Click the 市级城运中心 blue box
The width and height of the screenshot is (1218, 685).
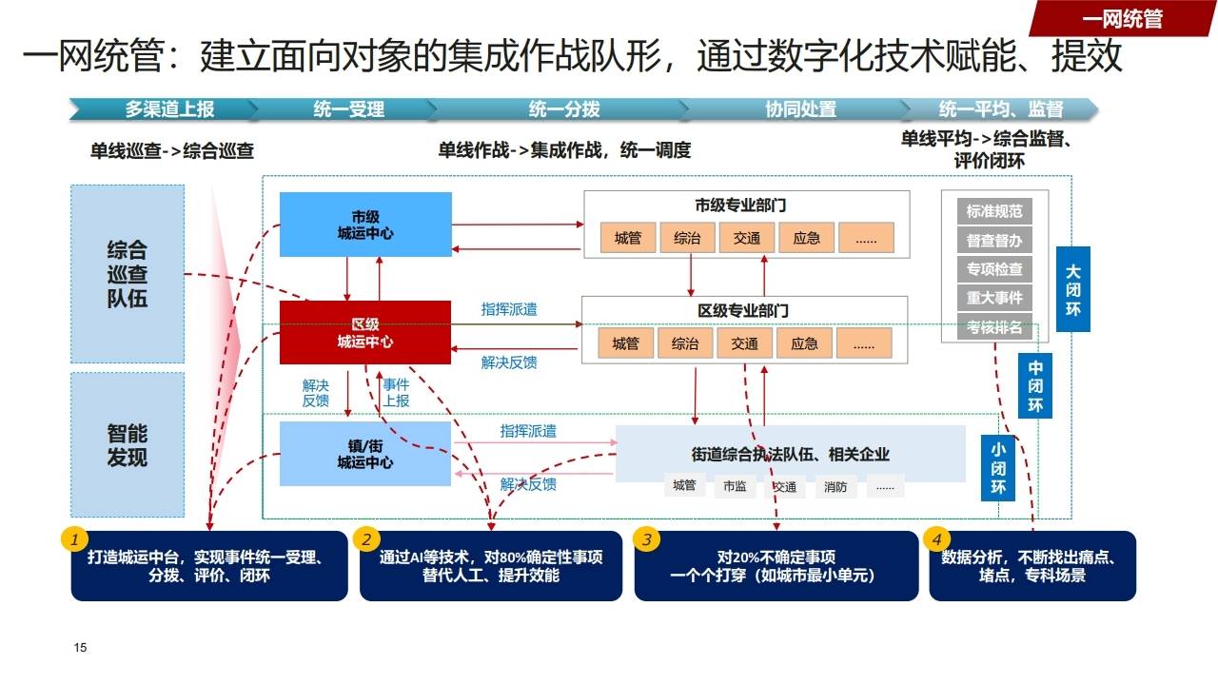pyautogui.click(x=365, y=225)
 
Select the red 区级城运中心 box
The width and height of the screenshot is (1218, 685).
pyautogui.click(x=365, y=332)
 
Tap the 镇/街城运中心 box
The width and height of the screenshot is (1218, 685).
pyautogui.click(x=365, y=454)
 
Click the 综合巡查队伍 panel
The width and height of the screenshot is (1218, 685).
pyautogui.click(x=128, y=274)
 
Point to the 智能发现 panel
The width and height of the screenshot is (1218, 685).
pyautogui.click(x=128, y=445)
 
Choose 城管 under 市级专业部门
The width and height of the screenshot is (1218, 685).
pyautogui.click(x=628, y=238)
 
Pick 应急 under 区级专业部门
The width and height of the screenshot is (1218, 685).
pyautogui.click(x=804, y=343)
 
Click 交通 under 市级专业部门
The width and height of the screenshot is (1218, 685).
pyautogui.click(x=747, y=238)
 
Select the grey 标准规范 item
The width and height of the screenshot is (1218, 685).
pyautogui.click(x=994, y=211)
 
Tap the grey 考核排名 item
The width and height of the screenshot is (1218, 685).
pyautogui.click(x=994, y=327)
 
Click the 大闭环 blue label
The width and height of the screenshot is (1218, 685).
pyautogui.click(x=1072, y=288)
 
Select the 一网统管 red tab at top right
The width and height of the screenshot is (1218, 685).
pyautogui.click(x=1123, y=18)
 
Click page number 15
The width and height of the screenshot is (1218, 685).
pyautogui.click(x=80, y=648)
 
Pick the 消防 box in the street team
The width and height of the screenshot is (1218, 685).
pyautogui.click(x=835, y=487)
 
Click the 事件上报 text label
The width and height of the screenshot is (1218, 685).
pyautogui.click(x=396, y=393)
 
